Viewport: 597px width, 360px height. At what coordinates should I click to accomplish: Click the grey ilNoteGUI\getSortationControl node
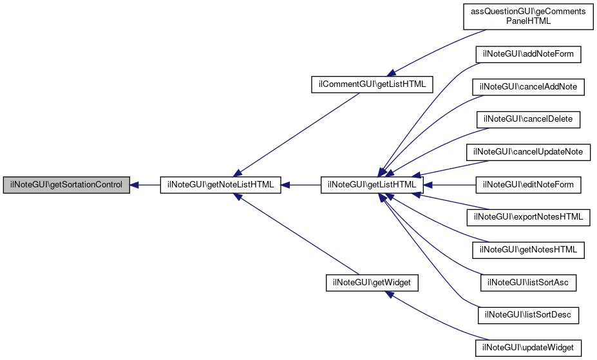(x=66, y=185)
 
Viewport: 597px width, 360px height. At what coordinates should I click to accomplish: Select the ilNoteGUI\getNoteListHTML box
(x=220, y=185)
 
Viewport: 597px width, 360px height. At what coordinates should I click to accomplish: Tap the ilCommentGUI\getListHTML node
(x=372, y=84)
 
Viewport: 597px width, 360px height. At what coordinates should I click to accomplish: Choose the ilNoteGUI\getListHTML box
(x=372, y=185)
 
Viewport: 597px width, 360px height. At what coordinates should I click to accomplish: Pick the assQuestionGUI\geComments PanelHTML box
(x=528, y=16)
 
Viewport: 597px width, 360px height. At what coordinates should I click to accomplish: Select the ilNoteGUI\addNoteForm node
(x=528, y=54)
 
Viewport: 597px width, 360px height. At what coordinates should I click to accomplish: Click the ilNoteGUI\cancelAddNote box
(x=528, y=87)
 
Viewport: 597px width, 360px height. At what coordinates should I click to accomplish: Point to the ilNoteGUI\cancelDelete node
(x=528, y=120)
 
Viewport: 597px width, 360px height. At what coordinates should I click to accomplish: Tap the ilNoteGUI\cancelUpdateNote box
(x=528, y=152)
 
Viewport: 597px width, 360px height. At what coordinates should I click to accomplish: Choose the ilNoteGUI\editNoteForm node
(x=528, y=185)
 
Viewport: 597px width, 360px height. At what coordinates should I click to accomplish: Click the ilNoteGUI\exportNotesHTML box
(x=528, y=217)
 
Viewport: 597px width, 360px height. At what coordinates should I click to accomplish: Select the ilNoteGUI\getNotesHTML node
(x=528, y=250)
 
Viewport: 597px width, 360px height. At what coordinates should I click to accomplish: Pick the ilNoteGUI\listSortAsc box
(x=528, y=283)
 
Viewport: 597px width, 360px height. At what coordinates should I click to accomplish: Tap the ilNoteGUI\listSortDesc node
(x=528, y=316)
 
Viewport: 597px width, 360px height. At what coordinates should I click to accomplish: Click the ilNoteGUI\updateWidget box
(x=528, y=348)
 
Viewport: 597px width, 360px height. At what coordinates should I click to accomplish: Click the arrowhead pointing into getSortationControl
(x=134, y=185)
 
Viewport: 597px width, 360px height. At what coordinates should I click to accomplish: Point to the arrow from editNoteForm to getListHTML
(x=450, y=185)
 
